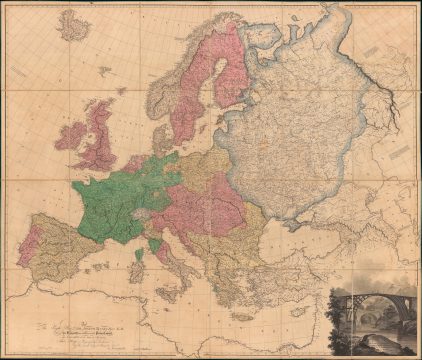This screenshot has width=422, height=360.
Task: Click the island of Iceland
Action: [x=73, y=26]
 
